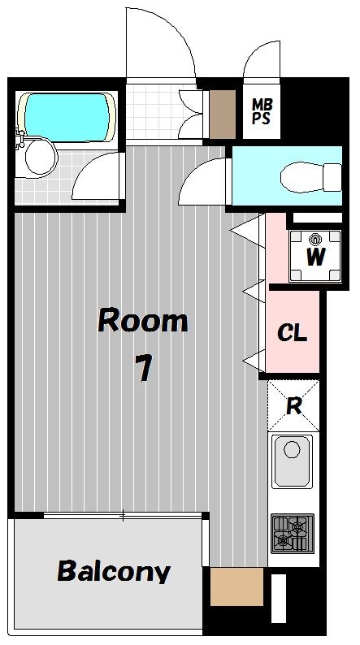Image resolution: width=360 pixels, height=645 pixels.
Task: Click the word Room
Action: tap(143, 321)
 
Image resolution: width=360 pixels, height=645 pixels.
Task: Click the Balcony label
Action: tap(114, 571)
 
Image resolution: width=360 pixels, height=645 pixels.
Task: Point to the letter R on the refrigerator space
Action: tap(293, 406)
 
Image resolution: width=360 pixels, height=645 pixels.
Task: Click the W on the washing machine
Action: tap(315, 257)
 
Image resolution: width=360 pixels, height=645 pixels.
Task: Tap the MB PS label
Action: tap(262, 111)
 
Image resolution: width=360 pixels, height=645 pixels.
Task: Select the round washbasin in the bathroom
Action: tap(41, 157)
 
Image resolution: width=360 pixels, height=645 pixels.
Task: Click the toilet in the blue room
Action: tap(310, 177)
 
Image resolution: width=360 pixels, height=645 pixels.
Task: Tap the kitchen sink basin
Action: tap(292, 461)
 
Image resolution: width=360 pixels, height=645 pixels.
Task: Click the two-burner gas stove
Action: tap(292, 533)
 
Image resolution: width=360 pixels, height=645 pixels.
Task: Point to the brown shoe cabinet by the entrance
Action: tap(223, 115)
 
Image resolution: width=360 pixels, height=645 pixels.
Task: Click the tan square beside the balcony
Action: tap(236, 587)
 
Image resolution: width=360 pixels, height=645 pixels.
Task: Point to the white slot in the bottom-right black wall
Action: tap(279, 598)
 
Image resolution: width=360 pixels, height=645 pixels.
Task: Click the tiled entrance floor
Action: tap(152, 111)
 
